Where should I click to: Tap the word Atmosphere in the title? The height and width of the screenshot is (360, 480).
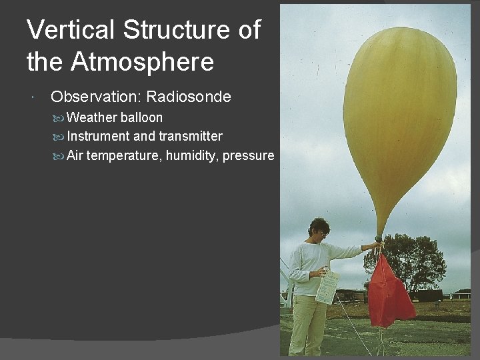click(x=143, y=63)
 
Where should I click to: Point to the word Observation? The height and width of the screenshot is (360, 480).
click(x=95, y=97)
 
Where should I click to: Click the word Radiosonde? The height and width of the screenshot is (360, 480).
click(x=189, y=97)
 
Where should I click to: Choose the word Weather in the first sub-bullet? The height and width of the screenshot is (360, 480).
click(x=91, y=118)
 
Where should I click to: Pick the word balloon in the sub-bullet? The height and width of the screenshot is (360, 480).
click(x=141, y=118)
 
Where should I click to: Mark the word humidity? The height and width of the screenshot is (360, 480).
click(x=192, y=156)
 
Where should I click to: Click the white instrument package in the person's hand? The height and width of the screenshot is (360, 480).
click(x=327, y=287)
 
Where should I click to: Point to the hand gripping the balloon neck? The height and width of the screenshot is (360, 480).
click(x=377, y=246)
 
